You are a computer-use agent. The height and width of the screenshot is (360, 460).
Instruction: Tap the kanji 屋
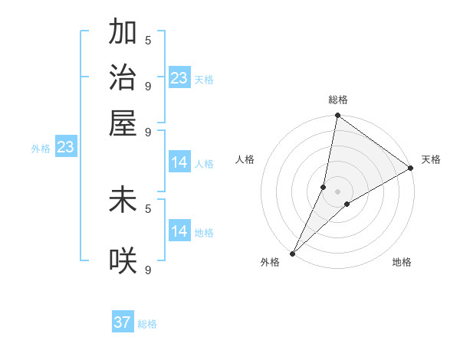coord(123,123)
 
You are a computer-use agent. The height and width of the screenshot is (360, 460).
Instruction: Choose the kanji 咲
coord(123,261)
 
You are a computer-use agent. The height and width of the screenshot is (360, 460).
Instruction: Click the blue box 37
coord(123,322)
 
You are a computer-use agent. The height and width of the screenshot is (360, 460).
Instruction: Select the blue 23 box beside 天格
coord(179,78)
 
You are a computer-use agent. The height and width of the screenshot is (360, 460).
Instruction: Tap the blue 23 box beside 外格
coord(65,147)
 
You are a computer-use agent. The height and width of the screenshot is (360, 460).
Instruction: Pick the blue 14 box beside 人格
coord(179,162)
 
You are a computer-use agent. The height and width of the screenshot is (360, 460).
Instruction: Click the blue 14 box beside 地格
coord(179,231)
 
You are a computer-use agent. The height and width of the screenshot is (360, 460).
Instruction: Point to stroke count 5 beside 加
coord(147,39)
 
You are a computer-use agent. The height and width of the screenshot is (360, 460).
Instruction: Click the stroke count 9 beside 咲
coord(147,270)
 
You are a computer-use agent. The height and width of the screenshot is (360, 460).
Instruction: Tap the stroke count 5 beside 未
coord(147,208)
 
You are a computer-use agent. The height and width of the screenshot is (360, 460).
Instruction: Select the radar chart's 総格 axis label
coord(338,100)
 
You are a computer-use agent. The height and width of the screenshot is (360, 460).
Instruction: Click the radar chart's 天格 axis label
coord(431,159)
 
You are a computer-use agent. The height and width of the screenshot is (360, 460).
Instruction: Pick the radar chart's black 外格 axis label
coord(270,262)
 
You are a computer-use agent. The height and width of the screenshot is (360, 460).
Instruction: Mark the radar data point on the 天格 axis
coord(411,169)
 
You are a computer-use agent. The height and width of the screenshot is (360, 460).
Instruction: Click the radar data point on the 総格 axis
coord(338,116)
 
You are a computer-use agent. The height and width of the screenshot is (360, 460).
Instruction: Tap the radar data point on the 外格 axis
coord(293,254)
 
